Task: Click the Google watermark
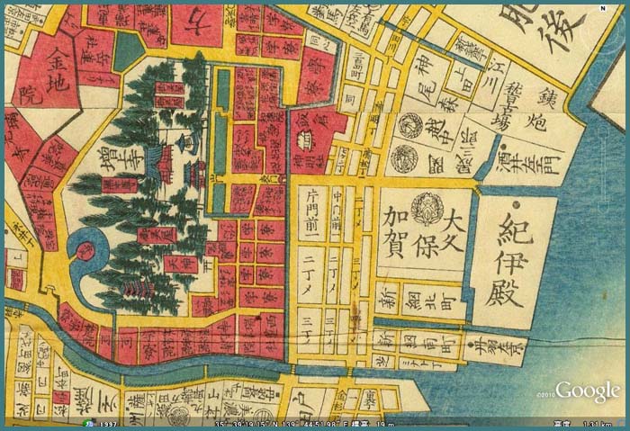587,391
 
